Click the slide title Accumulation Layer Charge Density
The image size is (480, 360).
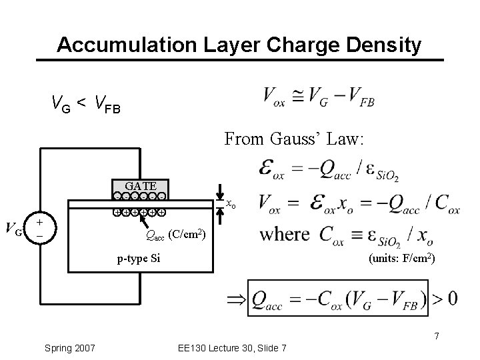[x=239, y=45]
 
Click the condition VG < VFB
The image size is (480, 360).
[x=86, y=103]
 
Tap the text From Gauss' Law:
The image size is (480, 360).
[x=294, y=139]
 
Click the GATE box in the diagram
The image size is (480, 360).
[x=140, y=186]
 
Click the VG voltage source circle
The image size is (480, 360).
[x=41, y=228]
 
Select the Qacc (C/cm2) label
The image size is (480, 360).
[x=175, y=234]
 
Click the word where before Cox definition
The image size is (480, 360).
[x=285, y=234]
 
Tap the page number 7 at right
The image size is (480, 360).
[x=436, y=335]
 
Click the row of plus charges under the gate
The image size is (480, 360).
[x=139, y=213]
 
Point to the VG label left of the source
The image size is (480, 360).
[x=15, y=231]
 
